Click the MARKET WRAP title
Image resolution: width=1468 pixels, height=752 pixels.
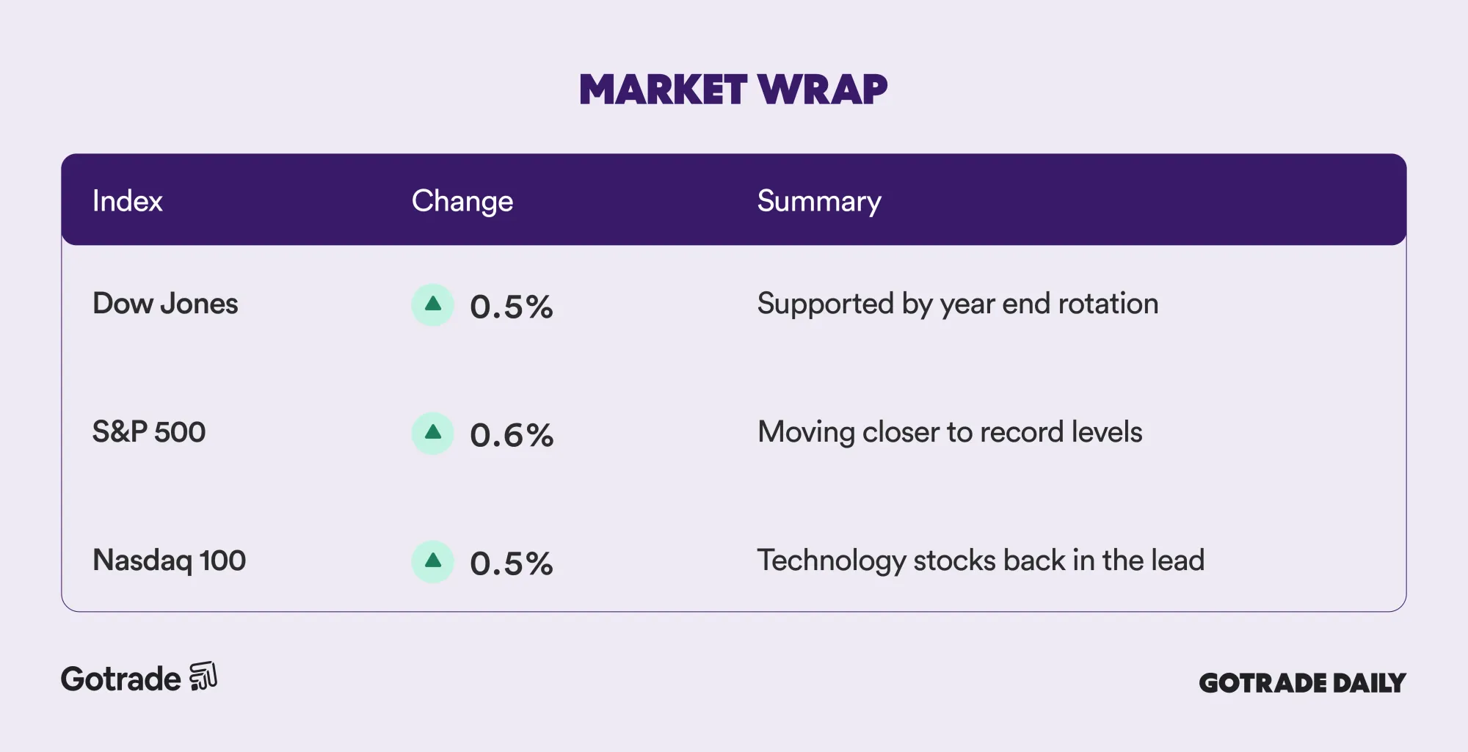[733, 90]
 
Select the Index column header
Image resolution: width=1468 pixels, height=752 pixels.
[127, 201]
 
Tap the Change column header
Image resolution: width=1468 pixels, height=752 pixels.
[462, 202]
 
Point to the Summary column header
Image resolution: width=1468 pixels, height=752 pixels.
[819, 202]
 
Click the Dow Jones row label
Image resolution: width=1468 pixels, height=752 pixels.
[165, 304]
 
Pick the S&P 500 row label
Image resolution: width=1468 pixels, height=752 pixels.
[149, 432]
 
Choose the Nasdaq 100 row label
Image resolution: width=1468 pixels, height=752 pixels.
[169, 561]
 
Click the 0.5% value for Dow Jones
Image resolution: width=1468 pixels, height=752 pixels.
[511, 307]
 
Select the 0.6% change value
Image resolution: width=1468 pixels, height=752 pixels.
[512, 435]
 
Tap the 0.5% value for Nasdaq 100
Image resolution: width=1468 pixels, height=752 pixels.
[511, 563]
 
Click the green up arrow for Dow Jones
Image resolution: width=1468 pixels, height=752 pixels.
[433, 304]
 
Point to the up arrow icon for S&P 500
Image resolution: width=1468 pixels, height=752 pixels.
[433, 433]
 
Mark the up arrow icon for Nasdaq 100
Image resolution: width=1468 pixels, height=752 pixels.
[433, 561]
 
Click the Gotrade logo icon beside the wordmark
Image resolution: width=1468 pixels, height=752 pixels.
[203, 676]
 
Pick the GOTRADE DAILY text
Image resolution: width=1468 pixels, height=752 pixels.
[1302, 683]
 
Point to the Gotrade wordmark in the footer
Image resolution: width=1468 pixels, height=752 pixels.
[120, 679]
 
